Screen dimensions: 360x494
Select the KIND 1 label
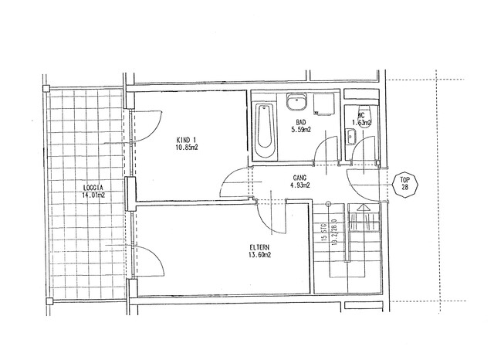tap(187, 138)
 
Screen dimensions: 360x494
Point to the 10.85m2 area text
tap(187, 147)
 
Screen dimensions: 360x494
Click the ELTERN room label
tap(259, 247)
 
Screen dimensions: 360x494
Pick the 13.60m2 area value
tap(259, 255)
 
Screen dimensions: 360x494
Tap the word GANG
tap(299, 177)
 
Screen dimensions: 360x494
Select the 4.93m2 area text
tap(299, 185)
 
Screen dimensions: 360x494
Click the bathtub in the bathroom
tap(263, 127)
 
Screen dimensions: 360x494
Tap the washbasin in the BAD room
tap(296, 103)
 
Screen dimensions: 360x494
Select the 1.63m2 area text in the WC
tap(361, 122)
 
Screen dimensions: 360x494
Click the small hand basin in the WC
tap(351, 138)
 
